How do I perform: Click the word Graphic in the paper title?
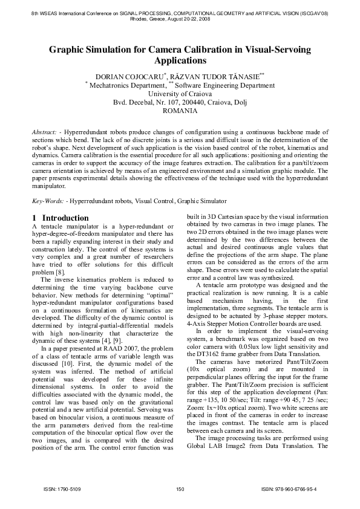tap(69, 50)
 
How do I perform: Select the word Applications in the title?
tap(180, 61)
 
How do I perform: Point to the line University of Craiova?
tap(180, 94)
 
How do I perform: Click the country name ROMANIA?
tap(180, 111)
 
